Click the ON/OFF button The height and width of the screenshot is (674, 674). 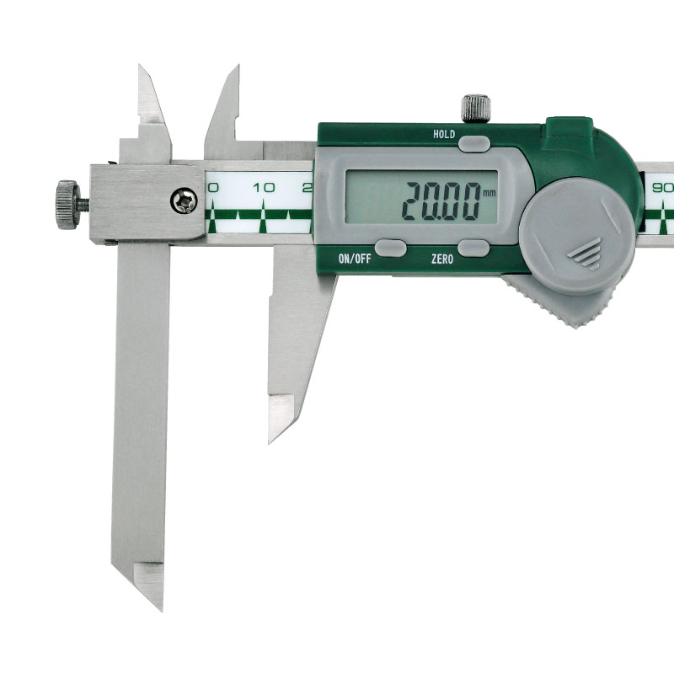[390, 248]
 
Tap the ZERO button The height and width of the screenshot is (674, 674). [473, 248]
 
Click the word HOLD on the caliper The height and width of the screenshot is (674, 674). [444, 134]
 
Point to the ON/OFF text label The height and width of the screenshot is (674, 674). [355, 259]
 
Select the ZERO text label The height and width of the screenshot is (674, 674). [442, 259]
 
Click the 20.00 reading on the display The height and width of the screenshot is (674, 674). [441, 201]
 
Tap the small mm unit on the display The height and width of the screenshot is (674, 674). [489, 194]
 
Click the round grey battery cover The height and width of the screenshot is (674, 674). [577, 237]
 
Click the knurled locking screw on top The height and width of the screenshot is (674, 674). [476, 109]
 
